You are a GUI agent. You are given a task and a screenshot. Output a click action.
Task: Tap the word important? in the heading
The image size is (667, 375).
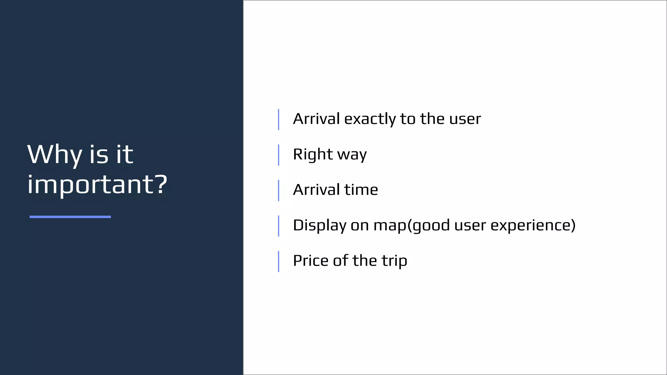97,185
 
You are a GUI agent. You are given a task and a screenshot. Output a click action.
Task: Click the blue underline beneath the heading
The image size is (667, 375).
70,217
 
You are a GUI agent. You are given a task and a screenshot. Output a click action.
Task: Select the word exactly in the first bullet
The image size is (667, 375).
370,119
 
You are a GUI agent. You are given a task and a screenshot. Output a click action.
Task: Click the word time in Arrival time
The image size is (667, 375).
361,190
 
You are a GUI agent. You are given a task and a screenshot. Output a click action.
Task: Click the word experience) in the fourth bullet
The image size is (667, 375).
533,226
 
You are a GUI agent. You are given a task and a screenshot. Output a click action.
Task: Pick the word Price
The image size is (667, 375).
310,261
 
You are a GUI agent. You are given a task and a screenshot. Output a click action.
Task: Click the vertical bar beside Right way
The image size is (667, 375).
278,155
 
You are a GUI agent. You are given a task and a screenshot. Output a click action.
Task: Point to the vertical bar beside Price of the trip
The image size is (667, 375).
278,261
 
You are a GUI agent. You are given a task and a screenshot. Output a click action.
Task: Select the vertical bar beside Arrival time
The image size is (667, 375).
278,190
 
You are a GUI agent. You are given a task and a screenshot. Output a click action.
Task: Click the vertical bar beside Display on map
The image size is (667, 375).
278,226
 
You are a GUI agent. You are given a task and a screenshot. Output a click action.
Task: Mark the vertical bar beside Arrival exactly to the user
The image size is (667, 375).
278,119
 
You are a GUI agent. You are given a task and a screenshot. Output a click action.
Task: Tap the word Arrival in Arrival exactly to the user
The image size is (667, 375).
316,119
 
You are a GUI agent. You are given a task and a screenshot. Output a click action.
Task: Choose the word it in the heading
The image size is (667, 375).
124,155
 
